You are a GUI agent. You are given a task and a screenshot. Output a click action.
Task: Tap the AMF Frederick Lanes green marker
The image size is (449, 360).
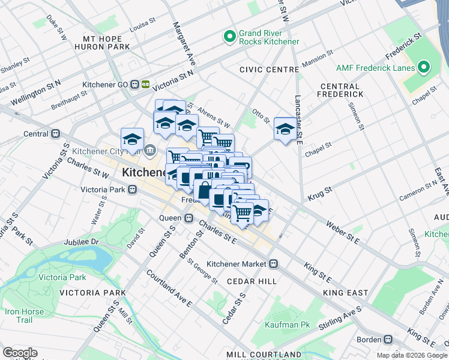pos(424,67)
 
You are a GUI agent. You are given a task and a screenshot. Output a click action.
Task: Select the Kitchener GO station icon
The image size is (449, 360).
pos(136,85)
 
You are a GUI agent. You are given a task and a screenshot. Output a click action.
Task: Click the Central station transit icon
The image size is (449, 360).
pos(55,133)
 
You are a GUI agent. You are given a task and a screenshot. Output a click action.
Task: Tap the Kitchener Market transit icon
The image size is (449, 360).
pos(273,263)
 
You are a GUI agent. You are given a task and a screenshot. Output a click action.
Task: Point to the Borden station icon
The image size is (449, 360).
pos(388,339)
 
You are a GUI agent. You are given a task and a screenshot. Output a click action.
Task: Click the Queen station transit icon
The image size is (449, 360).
pos(188,218)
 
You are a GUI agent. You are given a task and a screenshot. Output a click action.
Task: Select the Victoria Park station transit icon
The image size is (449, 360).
pos(132,190)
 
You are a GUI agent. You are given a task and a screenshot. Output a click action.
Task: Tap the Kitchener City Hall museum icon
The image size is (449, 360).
pos(150,149)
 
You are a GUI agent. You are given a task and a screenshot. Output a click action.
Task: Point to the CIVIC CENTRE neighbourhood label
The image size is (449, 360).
pos(269,70)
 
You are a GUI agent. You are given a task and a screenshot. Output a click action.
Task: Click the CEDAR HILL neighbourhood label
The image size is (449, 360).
pos(252,281)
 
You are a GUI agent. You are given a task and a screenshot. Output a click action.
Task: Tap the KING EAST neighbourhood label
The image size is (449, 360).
pos(345,293)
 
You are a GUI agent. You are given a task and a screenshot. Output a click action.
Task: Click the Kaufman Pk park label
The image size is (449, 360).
pos(288,325)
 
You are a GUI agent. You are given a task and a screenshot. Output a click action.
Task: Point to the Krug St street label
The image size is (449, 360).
pos(320,193)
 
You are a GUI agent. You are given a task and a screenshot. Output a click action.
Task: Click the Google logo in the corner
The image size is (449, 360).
pos(20,353)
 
